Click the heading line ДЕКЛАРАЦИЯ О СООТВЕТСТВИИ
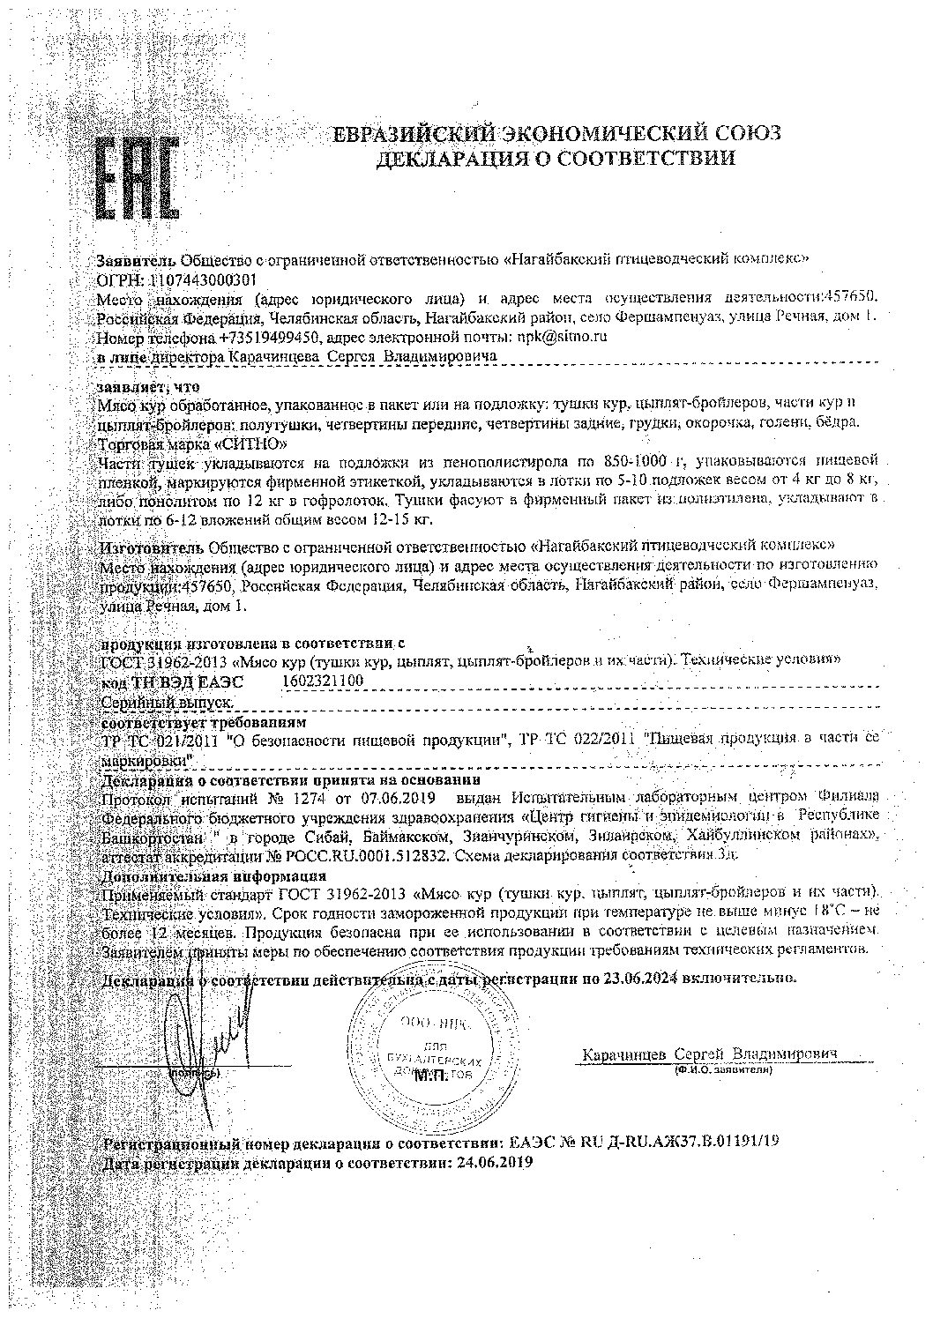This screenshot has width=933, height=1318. pos(556,159)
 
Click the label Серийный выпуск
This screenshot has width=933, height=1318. pos(168,702)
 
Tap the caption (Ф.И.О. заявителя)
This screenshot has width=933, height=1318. pos(720,1069)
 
